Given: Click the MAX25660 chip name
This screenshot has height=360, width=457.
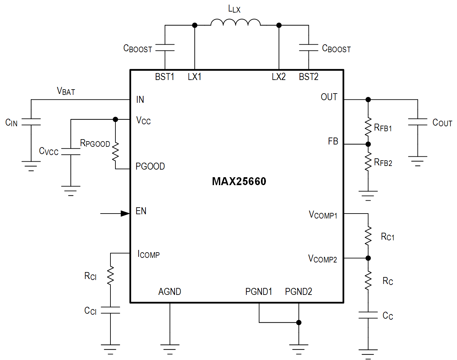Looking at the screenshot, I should click(x=239, y=181).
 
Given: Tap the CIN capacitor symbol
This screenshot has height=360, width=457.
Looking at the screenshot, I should click(x=31, y=122).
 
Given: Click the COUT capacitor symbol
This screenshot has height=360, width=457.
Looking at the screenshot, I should click(x=417, y=122).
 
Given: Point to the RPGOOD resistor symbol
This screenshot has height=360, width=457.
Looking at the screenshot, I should click(x=115, y=152).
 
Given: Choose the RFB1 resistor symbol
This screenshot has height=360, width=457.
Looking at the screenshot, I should click(x=368, y=127).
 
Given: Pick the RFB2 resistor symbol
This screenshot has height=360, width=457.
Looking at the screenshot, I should click(x=368, y=162).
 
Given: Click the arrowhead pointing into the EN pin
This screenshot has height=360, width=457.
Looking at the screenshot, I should click(x=125, y=214).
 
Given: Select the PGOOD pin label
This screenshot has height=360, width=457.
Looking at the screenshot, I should click(x=150, y=166).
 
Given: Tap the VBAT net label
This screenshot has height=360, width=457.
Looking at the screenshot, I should click(x=66, y=91).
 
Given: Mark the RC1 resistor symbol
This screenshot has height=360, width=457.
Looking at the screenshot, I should click(x=368, y=236).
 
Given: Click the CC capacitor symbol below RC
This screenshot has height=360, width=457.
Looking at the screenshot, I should click(x=368, y=315).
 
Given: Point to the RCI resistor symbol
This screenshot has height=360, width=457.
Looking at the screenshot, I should click(x=110, y=276).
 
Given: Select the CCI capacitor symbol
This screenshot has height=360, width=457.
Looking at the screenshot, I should click(x=110, y=310).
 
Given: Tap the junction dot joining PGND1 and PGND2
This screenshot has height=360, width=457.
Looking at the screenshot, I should click(x=299, y=322).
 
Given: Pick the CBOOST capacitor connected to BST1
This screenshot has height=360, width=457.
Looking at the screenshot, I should click(x=165, y=48).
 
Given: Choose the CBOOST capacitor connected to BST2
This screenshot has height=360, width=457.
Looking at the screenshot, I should click(x=309, y=48).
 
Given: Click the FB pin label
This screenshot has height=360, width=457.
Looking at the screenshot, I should click(x=333, y=141).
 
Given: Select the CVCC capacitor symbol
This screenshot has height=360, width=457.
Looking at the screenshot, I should click(x=71, y=152).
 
